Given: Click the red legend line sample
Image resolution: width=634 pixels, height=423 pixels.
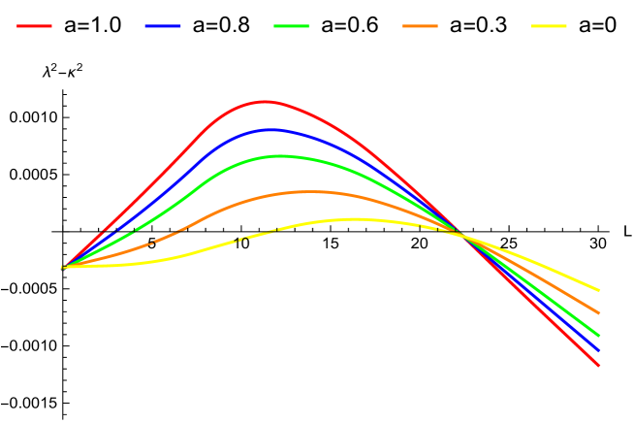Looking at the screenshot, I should [x=34, y=26].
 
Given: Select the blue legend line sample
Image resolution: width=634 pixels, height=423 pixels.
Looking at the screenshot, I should [x=163, y=26].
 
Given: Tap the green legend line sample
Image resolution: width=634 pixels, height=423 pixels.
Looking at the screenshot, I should [x=292, y=26].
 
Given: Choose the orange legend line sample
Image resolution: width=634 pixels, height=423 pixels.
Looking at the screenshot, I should [x=420, y=26].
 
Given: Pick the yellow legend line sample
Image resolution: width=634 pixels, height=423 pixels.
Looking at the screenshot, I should [x=549, y=26].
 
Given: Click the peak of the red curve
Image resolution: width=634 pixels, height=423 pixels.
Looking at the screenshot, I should [x=266, y=101].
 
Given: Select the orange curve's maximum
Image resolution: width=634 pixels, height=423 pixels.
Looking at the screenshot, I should [x=308, y=192].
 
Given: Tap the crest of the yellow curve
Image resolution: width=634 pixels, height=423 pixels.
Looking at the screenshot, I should [x=355, y=219].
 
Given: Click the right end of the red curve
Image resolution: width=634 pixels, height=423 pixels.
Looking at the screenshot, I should [x=599, y=366].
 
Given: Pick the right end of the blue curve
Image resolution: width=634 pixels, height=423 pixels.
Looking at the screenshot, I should [x=599, y=350].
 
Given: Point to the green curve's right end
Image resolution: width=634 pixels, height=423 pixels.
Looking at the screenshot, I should [x=599, y=336].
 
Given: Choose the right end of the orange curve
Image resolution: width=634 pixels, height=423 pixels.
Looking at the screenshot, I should [x=599, y=313].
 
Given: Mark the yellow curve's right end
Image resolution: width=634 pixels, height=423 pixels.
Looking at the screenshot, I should [x=599, y=290].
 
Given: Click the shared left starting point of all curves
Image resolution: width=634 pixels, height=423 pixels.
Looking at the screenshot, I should [x=63, y=267].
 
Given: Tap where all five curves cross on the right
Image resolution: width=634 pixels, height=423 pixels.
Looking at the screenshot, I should [x=459, y=234].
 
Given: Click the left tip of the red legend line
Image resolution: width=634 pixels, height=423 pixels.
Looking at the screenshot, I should [x=17, y=26].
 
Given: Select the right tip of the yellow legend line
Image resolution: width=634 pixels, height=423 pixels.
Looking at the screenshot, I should [x=566, y=26].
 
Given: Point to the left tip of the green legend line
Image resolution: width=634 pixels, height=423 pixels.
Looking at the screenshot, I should [x=274, y=26].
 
